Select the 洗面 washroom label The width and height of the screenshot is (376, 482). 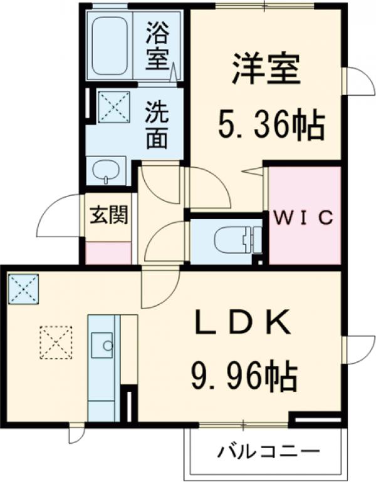click(157, 125)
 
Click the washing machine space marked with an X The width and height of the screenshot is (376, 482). click(113, 106)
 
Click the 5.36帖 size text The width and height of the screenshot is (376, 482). click(271, 126)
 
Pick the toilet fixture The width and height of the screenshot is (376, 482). click(232, 241)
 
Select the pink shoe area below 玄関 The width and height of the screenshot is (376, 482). click(108, 252)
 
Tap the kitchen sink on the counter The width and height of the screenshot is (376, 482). click(102, 343)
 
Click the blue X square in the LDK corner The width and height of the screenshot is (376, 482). click(23, 288)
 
